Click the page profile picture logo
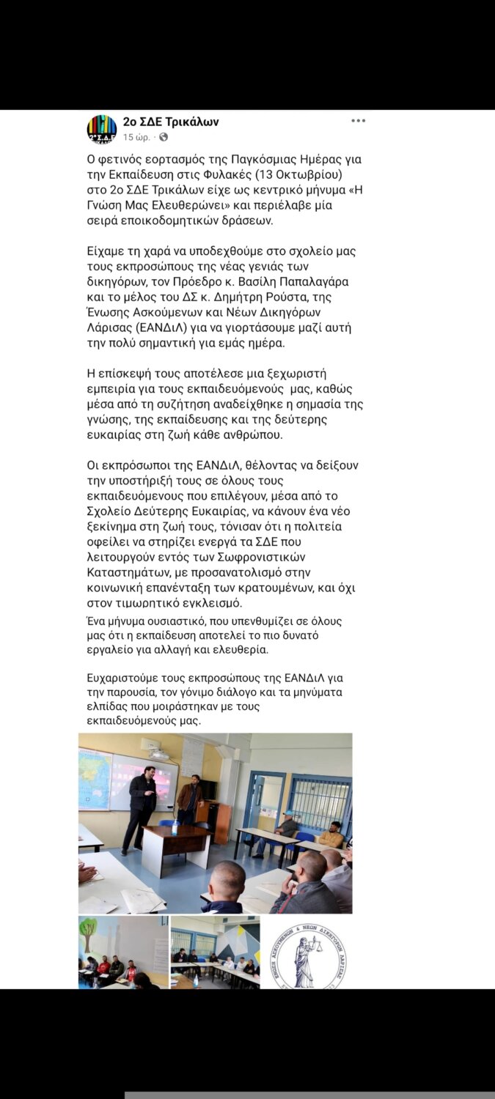pos(101,129)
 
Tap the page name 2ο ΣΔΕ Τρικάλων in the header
pos(171,122)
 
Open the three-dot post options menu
pos(358,121)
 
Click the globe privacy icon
pos(164,137)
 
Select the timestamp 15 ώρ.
pos(137,137)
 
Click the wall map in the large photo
pos(95,778)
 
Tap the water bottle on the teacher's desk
pos(175,827)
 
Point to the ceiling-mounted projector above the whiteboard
pos(160,755)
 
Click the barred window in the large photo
pos(319,803)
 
